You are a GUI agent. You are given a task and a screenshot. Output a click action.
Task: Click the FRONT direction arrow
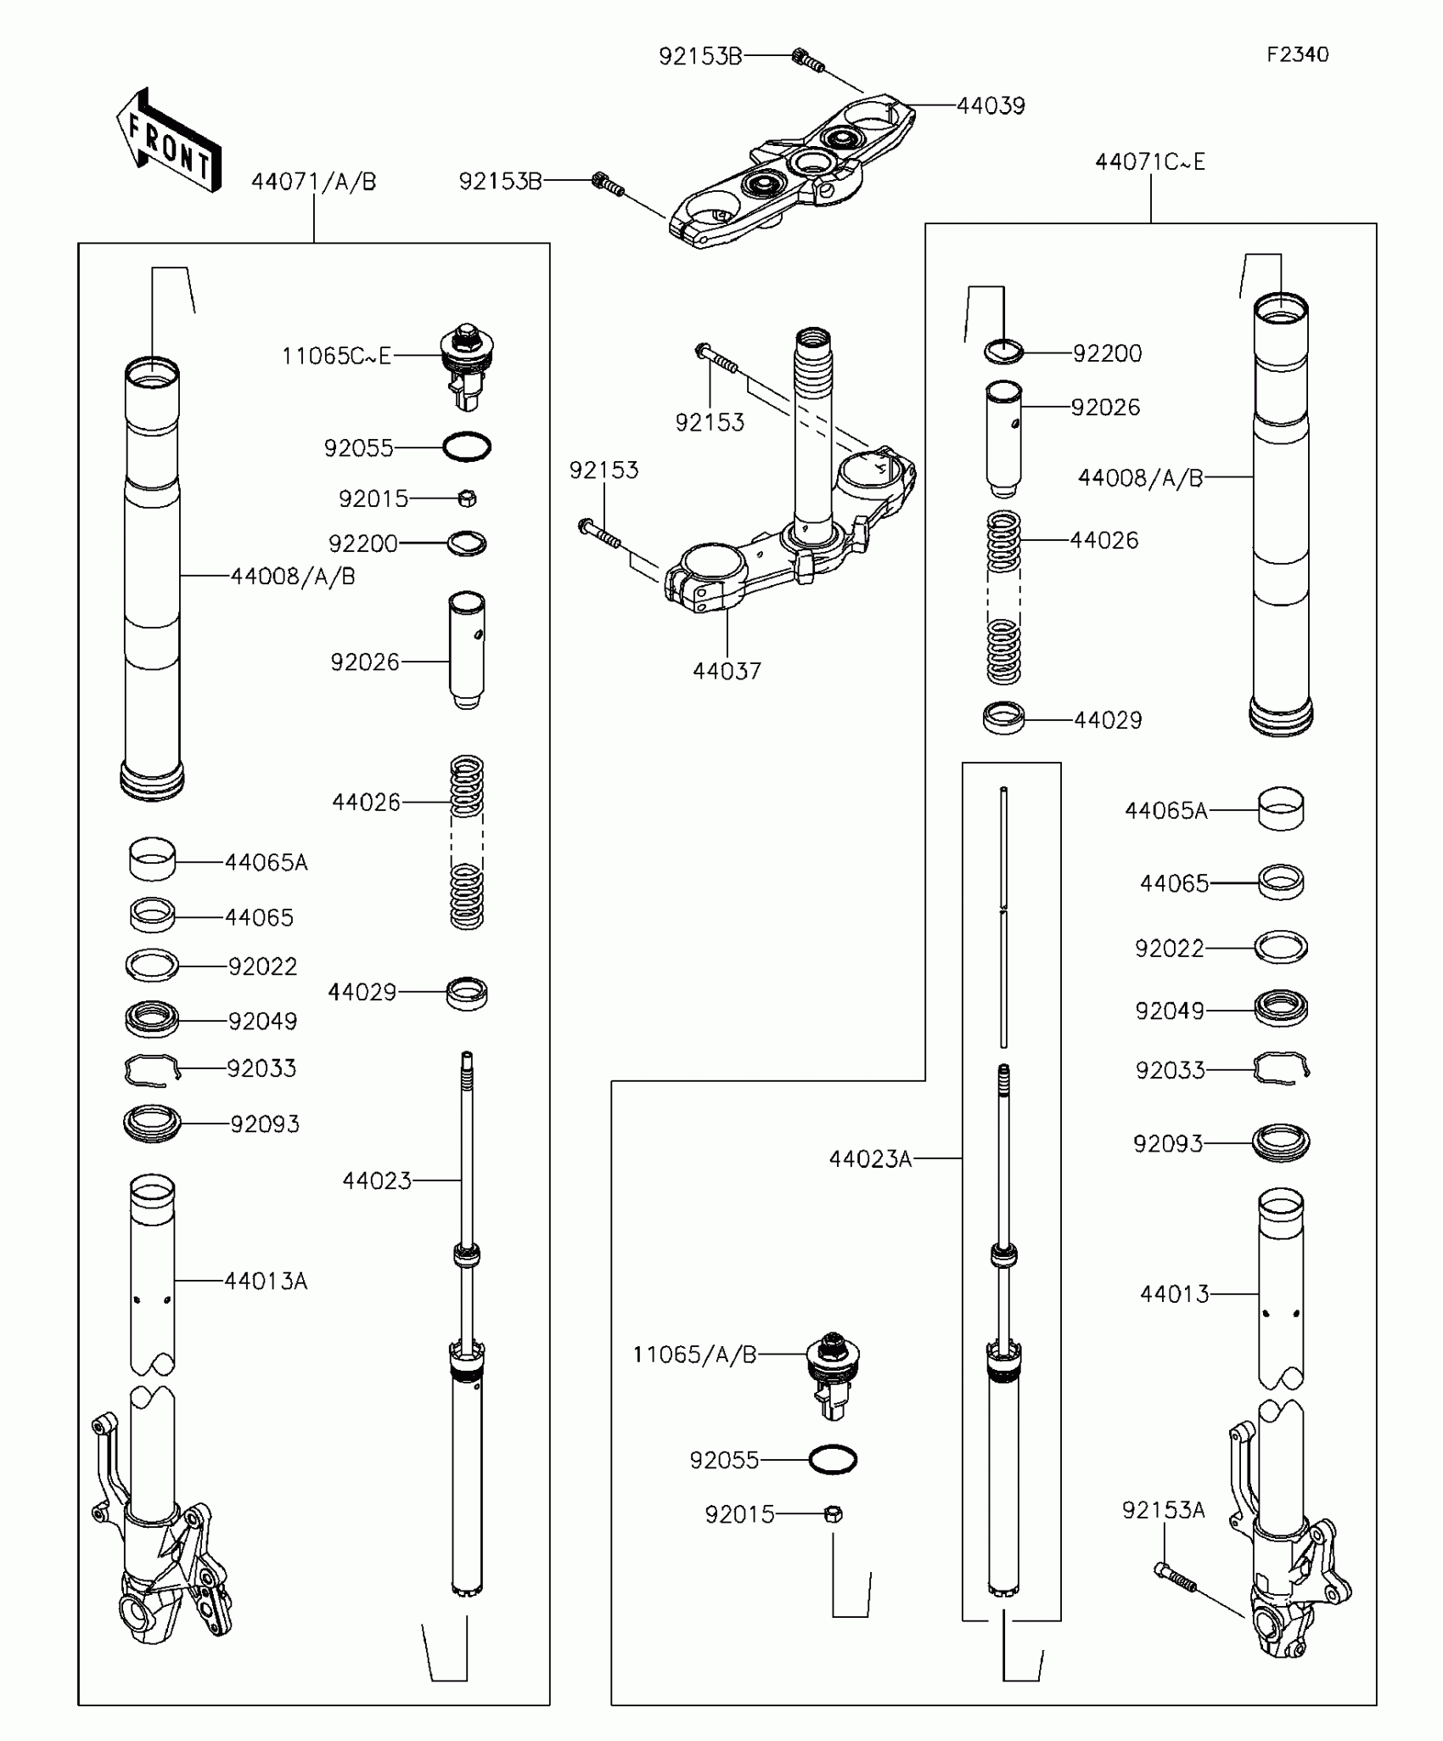[x=168, y=141]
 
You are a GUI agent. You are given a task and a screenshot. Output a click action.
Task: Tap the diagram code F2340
[x=1297, y=55]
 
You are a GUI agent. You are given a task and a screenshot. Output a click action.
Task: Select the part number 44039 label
[x=991, y=106]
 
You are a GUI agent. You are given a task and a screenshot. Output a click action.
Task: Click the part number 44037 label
[x=727, y=672]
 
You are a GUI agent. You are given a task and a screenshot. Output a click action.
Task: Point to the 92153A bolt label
[x=1163, y=1510]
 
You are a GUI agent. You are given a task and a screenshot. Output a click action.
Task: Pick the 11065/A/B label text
[x=694, y=1355]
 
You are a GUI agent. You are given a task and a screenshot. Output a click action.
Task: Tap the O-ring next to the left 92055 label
[x=467, y=447]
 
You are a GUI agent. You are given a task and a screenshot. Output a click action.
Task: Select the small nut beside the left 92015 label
[x=467, y=499]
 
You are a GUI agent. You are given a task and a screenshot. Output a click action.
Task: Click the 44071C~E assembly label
[x=1149, y=162]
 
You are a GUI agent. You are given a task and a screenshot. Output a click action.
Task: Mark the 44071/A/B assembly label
[x=313, y=182]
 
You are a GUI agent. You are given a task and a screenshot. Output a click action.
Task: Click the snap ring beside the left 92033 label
[x=152, y=1069]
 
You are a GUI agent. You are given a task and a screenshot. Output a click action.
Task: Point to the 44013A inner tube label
[x=266, y=1281]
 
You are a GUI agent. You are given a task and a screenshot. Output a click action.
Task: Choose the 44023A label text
[x=870, y=1158]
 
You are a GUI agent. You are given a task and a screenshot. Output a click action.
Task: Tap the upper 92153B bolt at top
[x=807, y=59]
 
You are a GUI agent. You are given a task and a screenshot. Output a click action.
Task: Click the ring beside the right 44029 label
[x=1003, y=718]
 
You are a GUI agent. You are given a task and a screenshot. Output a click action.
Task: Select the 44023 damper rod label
[x=377, y=1180]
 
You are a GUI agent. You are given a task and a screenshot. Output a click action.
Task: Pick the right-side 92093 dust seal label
[x=1168, y=1144]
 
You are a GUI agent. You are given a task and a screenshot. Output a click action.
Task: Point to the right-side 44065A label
[x=1165, y=811]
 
